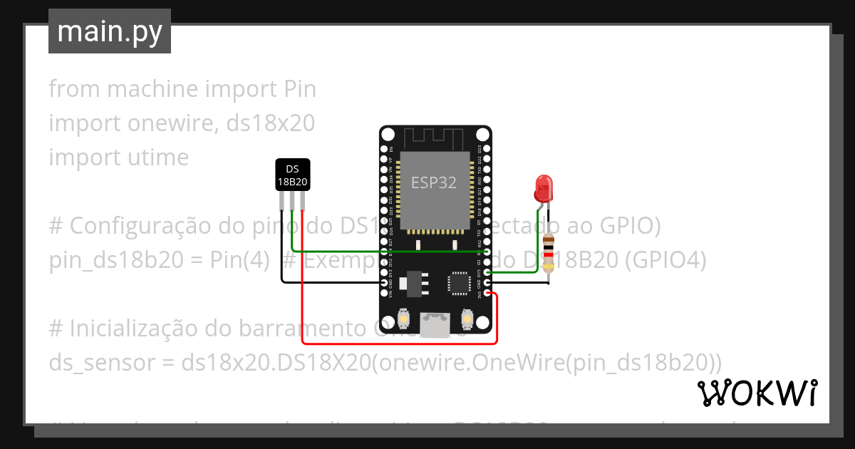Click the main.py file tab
click(x=109, y=31)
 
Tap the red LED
click(x=543, y=188)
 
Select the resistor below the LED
click(x=548, y=253)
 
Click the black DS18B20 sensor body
click(x=292, y=175)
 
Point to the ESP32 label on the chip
click(x=433, y=182)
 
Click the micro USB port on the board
click(x=435, y=326)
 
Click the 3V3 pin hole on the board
click(x=487, y=293)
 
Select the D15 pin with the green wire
click(x=487, y=272)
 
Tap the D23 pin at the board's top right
click(x=487, y=148)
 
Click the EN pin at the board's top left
click(x=385, y=148)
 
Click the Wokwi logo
click(x=757, y=393)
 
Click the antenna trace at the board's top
click(x=435, y=137)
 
